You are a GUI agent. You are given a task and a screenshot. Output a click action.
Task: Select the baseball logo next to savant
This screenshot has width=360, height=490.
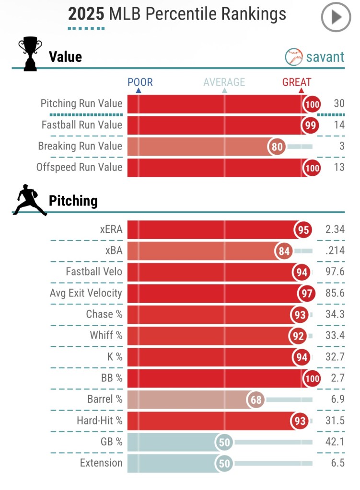click(x=294, y=57)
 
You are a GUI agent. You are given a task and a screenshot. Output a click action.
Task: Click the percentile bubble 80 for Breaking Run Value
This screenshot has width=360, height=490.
click(x=278, y=147)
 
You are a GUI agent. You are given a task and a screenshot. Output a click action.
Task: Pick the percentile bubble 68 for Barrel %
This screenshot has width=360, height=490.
click(x=256, y=400)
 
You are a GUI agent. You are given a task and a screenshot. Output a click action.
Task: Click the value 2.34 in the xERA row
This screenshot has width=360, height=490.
click(x=335, y=229)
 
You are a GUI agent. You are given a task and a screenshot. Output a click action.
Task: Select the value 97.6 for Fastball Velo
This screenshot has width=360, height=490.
click(x=335, y=272)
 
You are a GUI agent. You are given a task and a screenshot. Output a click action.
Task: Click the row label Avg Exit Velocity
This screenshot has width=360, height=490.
click(x=86, y=293)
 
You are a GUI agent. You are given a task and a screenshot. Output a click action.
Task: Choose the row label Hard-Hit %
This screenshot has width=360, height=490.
click(x=100, y=421)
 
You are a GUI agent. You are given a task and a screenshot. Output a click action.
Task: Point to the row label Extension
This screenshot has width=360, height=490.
click(x=101, y=463)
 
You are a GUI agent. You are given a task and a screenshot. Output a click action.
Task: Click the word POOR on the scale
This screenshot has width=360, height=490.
click(x=140, y=82)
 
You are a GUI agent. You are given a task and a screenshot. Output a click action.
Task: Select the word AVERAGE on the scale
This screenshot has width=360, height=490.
click(x=224, y=82)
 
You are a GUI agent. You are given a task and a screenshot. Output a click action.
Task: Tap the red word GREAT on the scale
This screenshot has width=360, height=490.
click(x=297, y=82)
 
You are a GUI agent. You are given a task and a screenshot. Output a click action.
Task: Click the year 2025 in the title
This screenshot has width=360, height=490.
click(x=86, y=14)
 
